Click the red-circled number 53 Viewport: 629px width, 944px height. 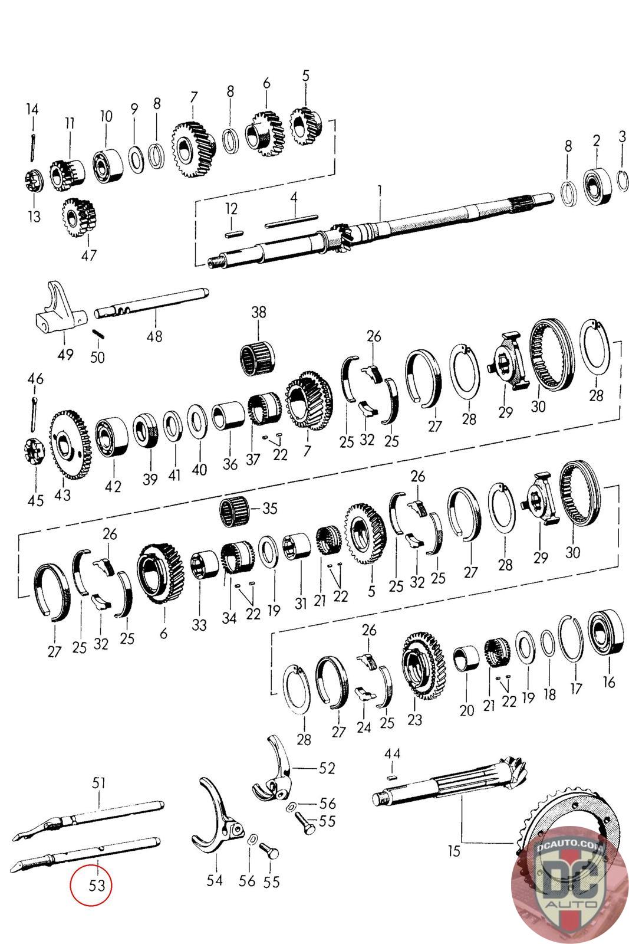(97, 885)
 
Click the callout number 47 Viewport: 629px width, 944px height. (88, 255)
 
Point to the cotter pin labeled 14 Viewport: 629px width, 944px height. (32, 147)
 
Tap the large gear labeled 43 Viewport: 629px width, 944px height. (70, 445)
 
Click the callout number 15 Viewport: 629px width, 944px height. (454, 850)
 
